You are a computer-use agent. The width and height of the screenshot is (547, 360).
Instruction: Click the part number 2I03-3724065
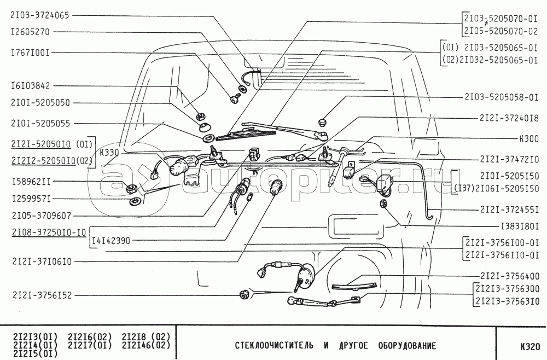tap(39, 16)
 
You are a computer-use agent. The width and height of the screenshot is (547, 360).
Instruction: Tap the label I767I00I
tap(30, 53)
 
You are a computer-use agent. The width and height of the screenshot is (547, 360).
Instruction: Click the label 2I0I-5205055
tap(39, 124)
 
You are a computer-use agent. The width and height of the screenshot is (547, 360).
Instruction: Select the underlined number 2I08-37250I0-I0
tap(48, 232)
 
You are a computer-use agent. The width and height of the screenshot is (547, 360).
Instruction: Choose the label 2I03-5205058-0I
tap(502, 97)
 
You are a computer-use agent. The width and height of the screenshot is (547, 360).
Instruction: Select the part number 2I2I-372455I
tap(509, 209)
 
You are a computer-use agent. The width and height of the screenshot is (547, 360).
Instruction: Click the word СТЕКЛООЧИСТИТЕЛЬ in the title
tap(274, 346)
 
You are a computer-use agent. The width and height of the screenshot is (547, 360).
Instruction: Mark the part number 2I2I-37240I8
tap(509, 118)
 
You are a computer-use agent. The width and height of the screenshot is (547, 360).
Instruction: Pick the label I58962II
tap(32, 179)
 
